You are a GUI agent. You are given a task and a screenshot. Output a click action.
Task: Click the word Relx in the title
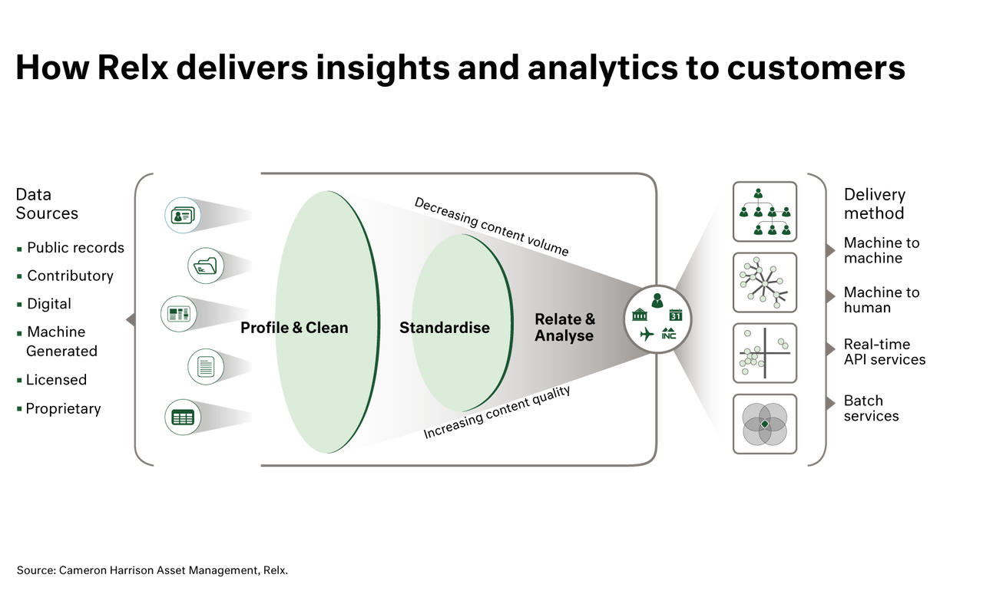click(x=133, y=68)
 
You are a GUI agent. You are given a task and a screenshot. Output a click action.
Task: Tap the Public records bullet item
click(x=75, y=248)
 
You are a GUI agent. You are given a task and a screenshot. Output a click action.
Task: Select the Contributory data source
click(x=70, y=276)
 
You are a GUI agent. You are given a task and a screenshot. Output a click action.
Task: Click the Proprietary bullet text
click(x=63, y=408)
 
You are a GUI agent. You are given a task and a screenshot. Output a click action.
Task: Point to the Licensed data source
click(x=56, y=380)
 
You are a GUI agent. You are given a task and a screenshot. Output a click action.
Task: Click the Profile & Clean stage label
click(x=294, y=328)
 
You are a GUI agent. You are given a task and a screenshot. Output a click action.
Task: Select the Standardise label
click(x=444, y=328)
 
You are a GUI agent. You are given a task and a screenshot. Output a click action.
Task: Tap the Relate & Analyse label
click(x=564, y=327)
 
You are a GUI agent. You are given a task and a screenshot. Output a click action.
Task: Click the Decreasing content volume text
click(x=491, y=226)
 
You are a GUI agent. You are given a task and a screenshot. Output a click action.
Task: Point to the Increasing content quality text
click(x=497, y=412)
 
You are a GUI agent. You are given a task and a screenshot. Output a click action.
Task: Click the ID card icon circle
click(x=183, y=215)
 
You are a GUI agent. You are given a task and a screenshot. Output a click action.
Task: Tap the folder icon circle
click(x=205, y=266)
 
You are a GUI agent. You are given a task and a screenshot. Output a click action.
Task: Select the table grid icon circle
click(x=183, y=418)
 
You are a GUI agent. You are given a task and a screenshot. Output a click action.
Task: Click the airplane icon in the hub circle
click(x=647, y=335)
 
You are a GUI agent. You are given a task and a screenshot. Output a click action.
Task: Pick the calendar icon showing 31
click(x=676, y=315)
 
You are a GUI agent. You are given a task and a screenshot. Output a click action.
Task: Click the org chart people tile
click(x=764, y=212)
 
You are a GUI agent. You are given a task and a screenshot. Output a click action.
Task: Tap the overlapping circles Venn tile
click(x=764, y=424)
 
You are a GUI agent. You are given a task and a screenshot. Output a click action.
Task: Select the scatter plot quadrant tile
click(x=764, y=353)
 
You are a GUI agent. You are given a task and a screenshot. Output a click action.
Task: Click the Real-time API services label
click(x=884, y=352)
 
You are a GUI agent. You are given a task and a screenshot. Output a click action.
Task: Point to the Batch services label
click(x=871, y=408)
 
